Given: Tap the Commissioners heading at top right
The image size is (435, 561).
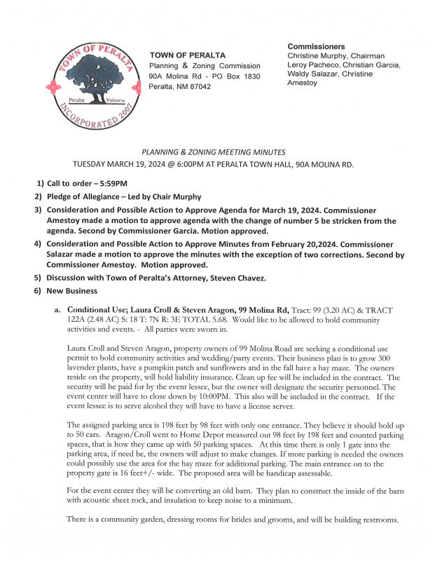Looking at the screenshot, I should (x=316, y=46).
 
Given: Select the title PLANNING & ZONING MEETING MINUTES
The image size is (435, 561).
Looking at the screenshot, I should (x=214, y=151).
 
